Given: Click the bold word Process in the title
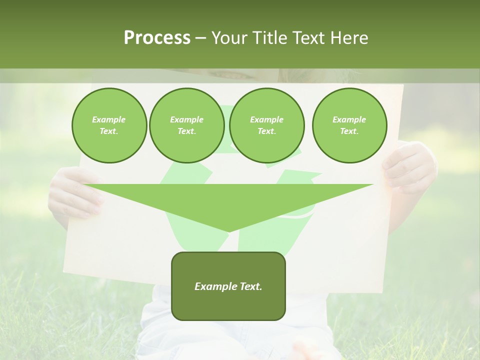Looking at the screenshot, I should point(157,38).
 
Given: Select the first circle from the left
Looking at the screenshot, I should point(109,125).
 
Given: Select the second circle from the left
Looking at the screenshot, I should point(186,125).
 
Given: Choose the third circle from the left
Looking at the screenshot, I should point(266,125).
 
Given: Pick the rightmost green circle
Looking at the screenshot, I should point(349,125).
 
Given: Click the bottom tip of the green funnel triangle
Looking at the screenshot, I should point(228,231).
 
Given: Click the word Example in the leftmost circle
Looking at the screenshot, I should point(109,119).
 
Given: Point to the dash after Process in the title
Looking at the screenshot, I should point(201,38).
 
